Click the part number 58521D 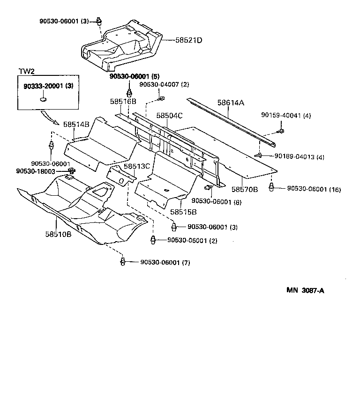189,40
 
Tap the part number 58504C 169,115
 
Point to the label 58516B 123,101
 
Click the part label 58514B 76,124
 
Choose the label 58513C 136,166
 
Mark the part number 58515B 183,212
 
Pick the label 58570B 245,189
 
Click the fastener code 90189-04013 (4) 300,156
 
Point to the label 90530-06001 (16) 314,189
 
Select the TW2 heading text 27,71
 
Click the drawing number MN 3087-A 305,290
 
